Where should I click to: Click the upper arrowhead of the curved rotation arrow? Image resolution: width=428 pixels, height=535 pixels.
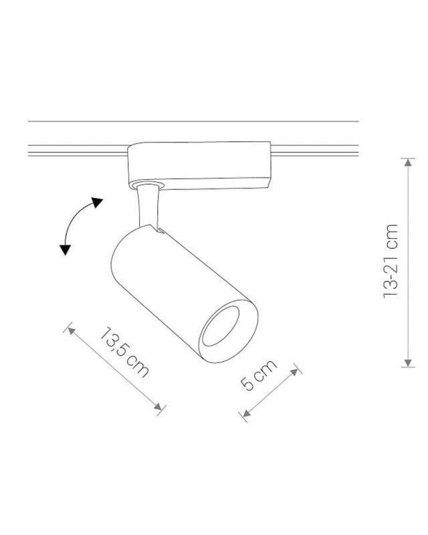click(98, 202)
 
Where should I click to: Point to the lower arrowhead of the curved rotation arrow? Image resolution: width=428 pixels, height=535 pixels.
click(65, 249)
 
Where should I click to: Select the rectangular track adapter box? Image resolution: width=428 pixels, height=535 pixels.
click(199, 164)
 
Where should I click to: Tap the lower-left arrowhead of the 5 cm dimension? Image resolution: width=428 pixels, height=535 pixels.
click(245, 416)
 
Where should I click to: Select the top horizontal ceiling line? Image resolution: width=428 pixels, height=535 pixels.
click(194, 122)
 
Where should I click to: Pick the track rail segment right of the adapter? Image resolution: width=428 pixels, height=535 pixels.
click(314, 151)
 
